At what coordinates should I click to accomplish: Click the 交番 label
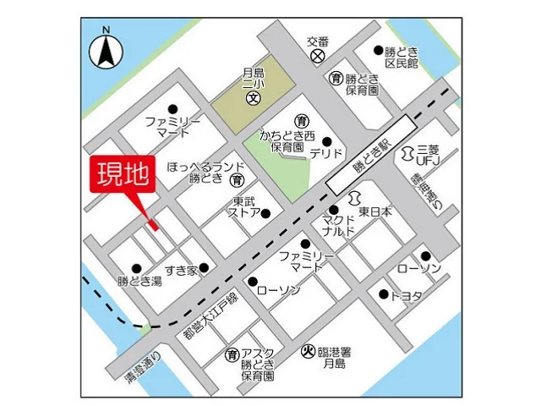tap(317, 40)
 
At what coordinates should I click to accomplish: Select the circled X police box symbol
tap(317, 56)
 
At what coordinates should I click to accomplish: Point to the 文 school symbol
tap(252, 99)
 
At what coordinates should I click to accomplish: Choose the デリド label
tap(325, 154)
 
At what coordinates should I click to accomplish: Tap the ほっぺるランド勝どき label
tap(205, 172)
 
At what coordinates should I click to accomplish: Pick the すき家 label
tap(181, 270)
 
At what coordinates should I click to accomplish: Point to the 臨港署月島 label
tap(335, 358)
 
